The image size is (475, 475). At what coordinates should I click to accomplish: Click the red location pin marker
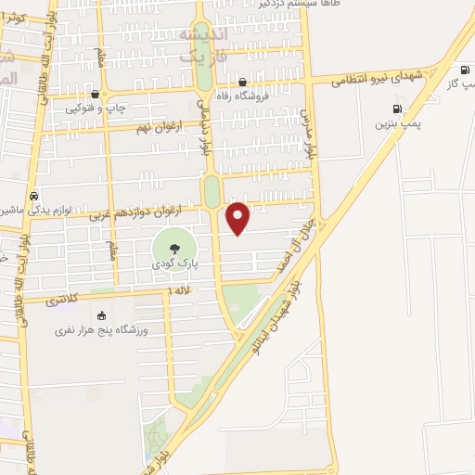[238, 217]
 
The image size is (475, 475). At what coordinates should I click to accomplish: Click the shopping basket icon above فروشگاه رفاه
[242, 79]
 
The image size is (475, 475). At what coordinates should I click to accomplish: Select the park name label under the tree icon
[174, 264]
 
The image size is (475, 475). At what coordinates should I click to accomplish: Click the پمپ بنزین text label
[398, 122]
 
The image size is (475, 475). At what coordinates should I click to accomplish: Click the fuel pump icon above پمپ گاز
[462, 70]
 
